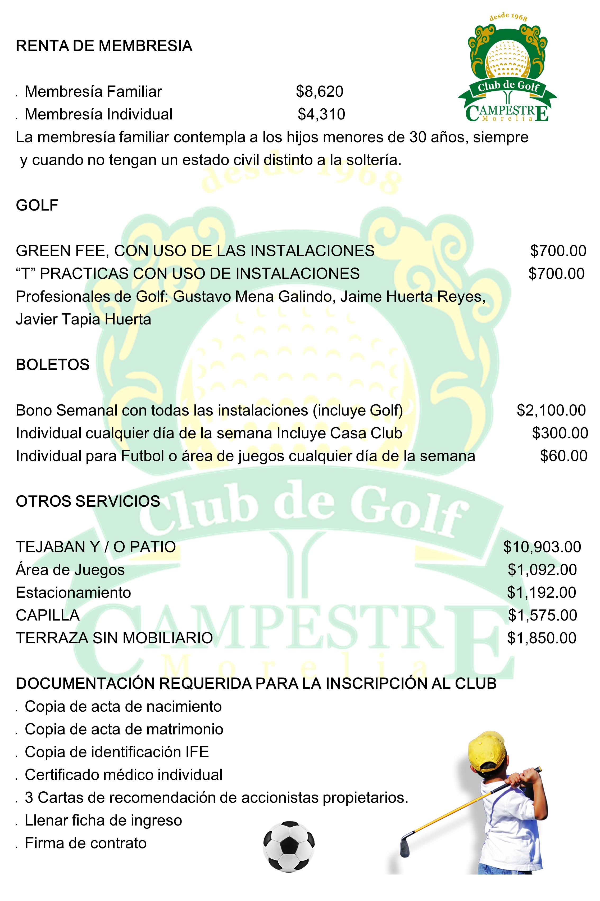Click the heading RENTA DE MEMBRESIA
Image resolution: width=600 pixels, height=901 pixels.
pos(104,46)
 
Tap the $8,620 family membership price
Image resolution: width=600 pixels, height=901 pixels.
pos(320,92)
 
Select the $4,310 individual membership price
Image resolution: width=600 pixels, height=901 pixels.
pos(321,114)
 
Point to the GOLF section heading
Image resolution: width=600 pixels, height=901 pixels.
pos(37,205)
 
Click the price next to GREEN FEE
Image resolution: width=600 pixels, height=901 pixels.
pos(558,251)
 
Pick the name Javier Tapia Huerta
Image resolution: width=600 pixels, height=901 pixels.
pos(83,319)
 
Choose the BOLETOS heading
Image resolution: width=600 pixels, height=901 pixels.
pos(52,365)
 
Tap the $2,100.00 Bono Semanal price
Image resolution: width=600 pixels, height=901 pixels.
pos(551,410)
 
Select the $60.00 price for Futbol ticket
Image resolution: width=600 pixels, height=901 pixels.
pos(563,456)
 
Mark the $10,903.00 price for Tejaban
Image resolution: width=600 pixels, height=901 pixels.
pos(542,547)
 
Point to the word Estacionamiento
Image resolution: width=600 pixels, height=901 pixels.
pos(74,593)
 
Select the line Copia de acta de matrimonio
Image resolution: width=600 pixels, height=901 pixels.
pos(124,729)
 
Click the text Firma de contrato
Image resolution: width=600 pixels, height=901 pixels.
pos(85,843)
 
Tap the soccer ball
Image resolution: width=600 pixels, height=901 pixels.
pos(289,846)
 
